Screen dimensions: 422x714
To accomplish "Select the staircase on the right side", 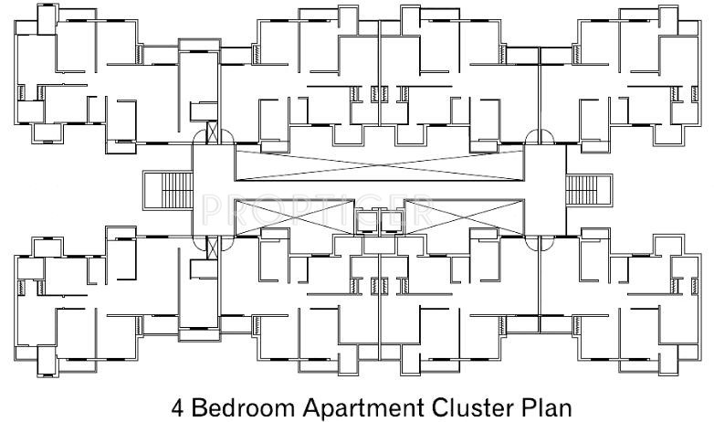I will point(581,191).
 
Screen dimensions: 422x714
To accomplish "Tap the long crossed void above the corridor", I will point(381,164).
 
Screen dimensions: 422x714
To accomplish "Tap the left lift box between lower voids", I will point(368,218).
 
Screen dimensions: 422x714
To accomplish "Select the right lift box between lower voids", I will point(393,218).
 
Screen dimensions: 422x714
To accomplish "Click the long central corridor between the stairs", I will point(381,190).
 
